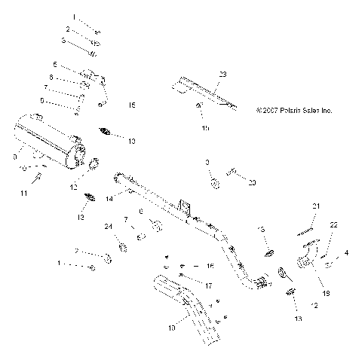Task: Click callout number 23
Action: [222, 74]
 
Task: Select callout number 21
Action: [317, 206]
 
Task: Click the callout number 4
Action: [346, 253]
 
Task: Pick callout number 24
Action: [107, 226]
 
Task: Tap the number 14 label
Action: [109, 198]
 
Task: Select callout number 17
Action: [209, 285]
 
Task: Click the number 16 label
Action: [210, 266]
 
